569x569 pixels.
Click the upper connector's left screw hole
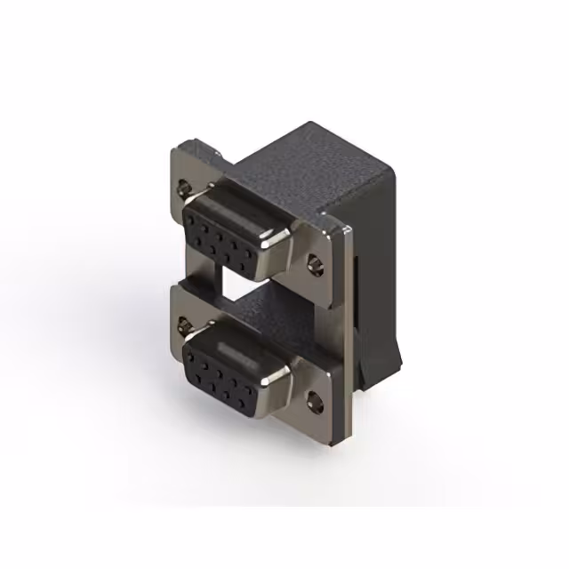(x=185, y=188)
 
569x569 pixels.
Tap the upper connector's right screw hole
(x=316, y=263)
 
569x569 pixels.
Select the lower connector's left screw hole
(x=185, y=325)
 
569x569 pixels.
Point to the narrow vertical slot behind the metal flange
(x=357, y=293)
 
